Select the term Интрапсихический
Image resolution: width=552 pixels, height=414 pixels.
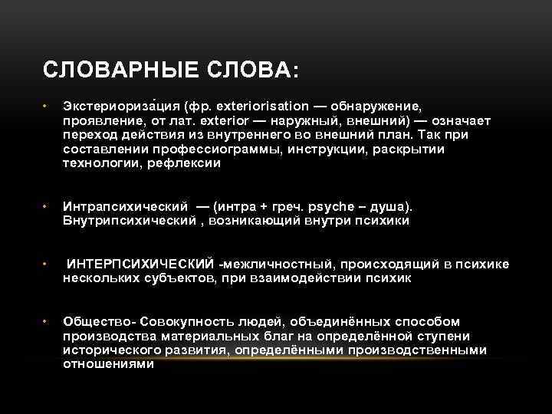tap(126, 207)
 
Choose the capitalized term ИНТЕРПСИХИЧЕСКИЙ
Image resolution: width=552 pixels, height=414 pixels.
tap(141, 264)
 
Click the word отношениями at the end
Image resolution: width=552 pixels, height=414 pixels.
tap(108, 365)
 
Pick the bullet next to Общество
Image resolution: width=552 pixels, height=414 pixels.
tap(47, 322)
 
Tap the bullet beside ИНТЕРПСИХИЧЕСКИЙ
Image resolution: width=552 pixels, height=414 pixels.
tap(47, 264)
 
